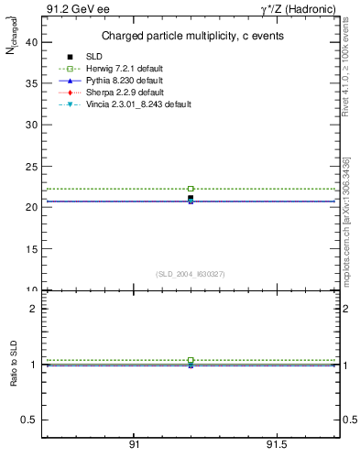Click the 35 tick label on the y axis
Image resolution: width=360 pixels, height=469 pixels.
click(x=30, y=82)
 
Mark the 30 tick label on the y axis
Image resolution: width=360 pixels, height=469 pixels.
click(x=30, y=124)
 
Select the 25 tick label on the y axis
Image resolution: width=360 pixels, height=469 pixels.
click(x=30, y=166)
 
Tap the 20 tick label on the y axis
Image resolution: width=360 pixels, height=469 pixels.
click(x=30, y=207)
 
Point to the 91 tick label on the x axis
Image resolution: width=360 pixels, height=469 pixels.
click(x=134, y=445)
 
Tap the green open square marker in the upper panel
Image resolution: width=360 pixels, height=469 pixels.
click(x=191, y=189)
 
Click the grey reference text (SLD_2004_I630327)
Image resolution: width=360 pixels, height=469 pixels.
click(x=191, y=274)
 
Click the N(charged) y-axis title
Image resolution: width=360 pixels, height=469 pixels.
click(x=13, y=42)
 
